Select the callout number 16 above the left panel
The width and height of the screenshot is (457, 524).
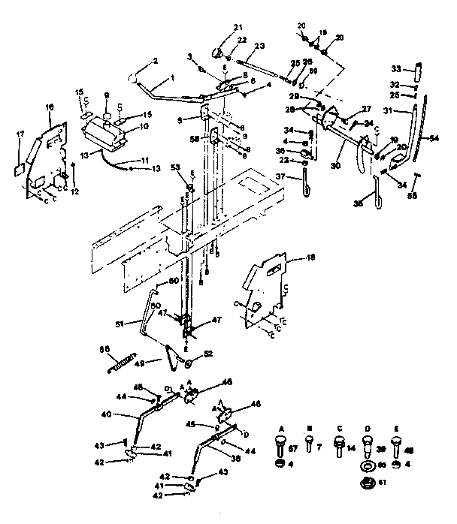50,108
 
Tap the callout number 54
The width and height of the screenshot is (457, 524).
435,139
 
